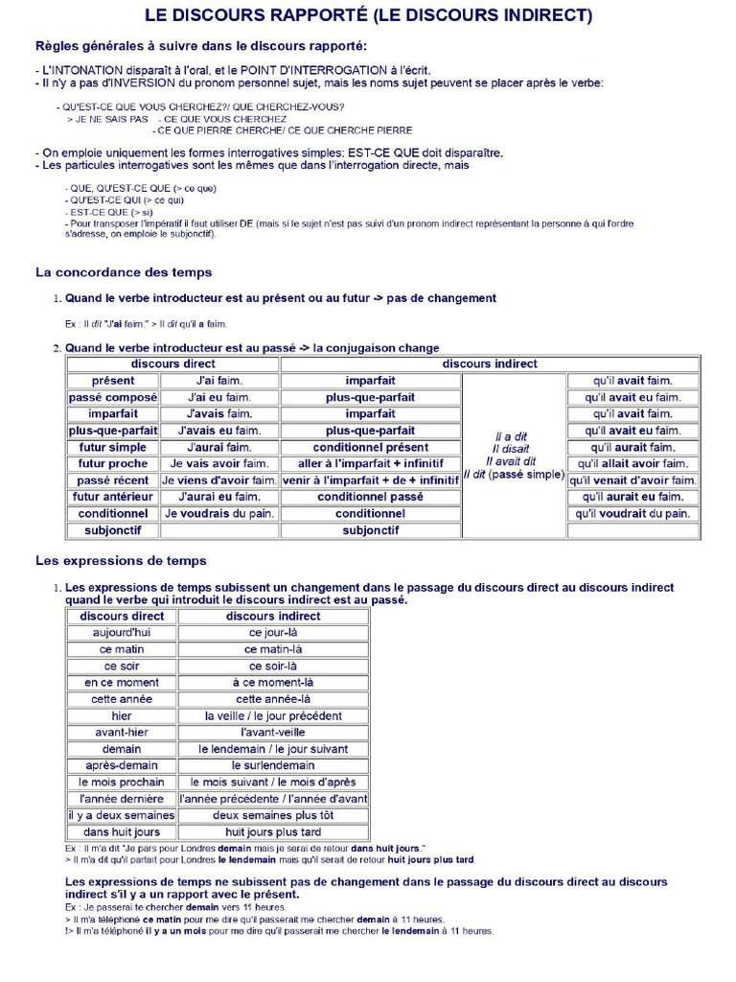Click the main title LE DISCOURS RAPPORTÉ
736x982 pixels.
click(x=368, y=15)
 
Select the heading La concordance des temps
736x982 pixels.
click(x=124, y=272)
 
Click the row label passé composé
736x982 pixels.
click(x=112, y=397)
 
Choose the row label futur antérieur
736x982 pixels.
click(x=112, y=497)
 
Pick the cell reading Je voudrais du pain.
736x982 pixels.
click(x=219, y=514)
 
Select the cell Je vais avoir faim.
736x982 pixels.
click(x=219, y=464)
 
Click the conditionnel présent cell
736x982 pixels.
click(x=370, y=448)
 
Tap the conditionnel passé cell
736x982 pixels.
click(x=370, y=497)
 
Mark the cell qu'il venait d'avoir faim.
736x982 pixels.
click(x=632, y=480)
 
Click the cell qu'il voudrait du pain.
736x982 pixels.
click(x=632, y=514)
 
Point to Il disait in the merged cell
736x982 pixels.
click(x=510, y=449)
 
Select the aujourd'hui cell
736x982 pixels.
click(x=122, y=633)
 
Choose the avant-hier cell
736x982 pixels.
click(x=122, y=733)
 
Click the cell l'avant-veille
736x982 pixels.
click(x=273, y=733)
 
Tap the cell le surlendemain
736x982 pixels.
click(x=273, y=765)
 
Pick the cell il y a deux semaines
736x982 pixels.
click(x=122, y=815)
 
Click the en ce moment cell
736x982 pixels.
click(x=122, y=683)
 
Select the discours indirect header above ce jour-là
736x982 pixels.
click(x=273, y=616)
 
